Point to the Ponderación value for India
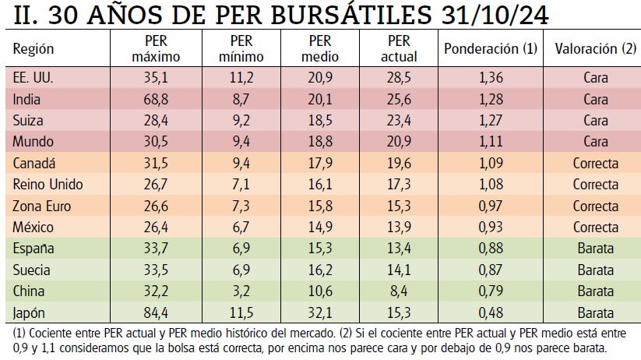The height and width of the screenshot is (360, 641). pos(490,100)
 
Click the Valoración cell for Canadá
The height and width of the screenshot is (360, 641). pos(595,164)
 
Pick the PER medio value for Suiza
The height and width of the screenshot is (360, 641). pos(321,121)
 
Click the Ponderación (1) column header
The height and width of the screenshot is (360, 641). pos(490,49)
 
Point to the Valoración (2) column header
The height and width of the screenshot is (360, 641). pos(595,49)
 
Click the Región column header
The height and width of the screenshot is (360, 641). pos(33,49)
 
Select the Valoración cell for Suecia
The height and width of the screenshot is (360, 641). pos(595,270)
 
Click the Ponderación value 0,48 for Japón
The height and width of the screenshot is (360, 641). pos(490,312)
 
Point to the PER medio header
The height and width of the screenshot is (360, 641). pos(321,49)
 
